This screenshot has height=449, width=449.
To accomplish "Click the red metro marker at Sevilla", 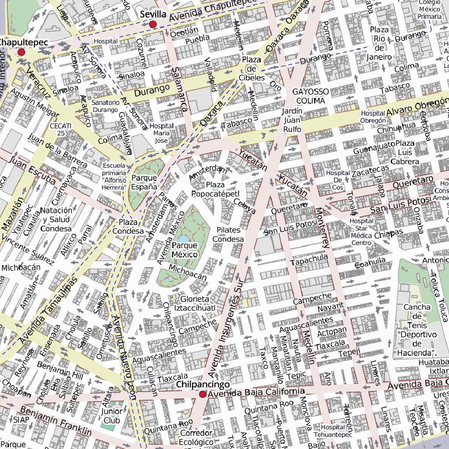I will coord(153,25).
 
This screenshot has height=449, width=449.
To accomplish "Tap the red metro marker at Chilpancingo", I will coord(203,395).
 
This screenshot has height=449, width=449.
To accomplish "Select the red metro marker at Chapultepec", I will coord(21,52).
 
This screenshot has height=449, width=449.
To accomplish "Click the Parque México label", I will coord(185,250).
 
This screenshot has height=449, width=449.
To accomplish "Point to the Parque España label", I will coord(144,182).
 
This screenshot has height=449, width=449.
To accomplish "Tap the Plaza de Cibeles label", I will coord(251,69).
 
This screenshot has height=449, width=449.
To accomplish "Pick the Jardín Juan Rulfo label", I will coord(292,120).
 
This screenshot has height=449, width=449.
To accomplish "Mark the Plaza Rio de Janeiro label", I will coord(380,43).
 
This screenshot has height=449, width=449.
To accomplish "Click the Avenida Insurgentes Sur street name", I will coord(226,324).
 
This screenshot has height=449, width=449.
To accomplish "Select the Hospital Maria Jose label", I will coord(161,133).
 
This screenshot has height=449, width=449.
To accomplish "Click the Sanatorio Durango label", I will coord(105,106).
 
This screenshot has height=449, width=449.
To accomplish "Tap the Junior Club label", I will coord(112,416).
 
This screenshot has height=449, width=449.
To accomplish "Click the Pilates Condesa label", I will coord(228,235).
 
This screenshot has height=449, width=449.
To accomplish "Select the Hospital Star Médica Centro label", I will coord(362,232).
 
